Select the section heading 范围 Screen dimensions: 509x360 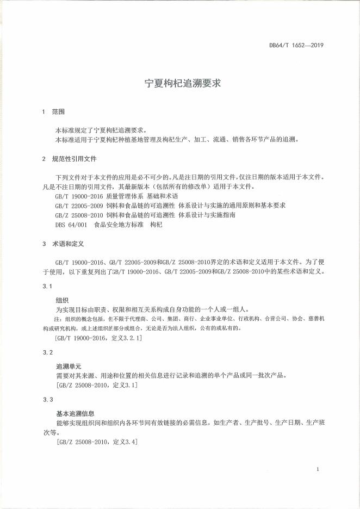pos(58,111)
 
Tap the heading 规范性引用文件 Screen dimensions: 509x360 pos(74,159)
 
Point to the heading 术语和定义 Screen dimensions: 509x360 pos(67,244)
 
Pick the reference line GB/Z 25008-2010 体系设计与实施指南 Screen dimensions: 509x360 pos(145,215)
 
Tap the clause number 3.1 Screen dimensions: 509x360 pos(47,287)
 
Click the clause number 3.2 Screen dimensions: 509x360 pos(47,353)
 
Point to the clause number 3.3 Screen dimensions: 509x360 pos(47,400)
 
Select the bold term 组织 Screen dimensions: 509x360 pos(62,300)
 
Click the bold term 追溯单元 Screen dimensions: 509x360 pos(68,367)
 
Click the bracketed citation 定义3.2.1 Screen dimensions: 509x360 pos(98,338)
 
